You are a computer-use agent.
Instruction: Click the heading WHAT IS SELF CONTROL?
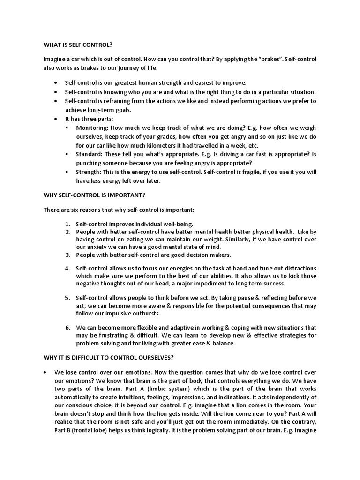78,45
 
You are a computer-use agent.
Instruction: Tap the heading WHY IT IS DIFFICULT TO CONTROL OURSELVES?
108,358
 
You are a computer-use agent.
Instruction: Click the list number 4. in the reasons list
67,269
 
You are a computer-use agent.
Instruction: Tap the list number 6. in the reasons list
67,327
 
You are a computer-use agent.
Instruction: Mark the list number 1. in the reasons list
67,225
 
